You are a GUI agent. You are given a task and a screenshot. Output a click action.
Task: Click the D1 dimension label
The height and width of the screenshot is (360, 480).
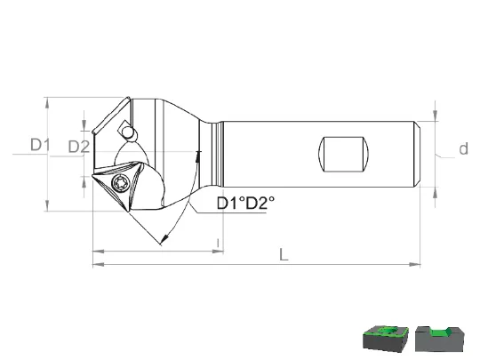(x=40, y=145)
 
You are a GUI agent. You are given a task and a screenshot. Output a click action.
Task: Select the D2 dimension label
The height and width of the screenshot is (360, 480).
(x=79, y=147)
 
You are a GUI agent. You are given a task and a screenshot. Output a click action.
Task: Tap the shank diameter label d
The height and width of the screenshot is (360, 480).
(x=463, y=148)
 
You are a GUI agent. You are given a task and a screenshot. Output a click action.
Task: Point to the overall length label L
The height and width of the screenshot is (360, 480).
(x=284, y=255)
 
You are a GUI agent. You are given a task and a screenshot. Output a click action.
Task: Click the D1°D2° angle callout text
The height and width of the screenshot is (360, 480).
(x=245, y=203)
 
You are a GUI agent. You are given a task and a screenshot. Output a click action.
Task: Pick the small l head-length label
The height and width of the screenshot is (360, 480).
(x=218, y=244)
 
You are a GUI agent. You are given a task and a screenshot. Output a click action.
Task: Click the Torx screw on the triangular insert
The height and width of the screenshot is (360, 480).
(x=120, y=183)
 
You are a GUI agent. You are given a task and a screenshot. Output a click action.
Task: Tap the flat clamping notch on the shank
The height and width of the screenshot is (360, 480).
(x=343, y=154)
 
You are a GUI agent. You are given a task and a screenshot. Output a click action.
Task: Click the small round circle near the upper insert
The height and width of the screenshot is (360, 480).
(x=128, y=132)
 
